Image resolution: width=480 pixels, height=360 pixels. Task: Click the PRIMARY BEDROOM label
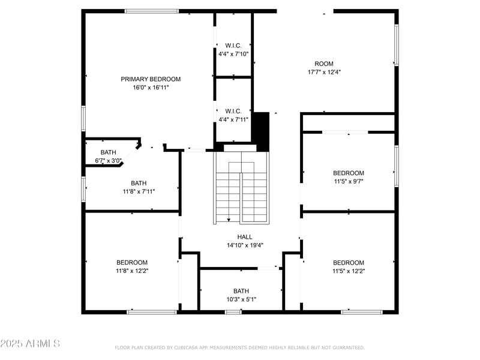[151, 79]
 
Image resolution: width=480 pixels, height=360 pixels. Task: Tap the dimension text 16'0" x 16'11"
[151, 88]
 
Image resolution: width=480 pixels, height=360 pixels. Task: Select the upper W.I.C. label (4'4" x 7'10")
[233, 46]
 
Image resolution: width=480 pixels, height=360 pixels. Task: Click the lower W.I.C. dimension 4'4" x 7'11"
[233, 119]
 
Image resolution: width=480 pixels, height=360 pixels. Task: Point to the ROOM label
[324, 64]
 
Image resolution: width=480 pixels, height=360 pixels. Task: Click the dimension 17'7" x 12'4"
[324, 72]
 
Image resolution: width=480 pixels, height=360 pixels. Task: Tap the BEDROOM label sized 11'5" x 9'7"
[349, 173]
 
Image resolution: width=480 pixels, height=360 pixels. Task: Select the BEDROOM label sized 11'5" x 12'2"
[349, 262]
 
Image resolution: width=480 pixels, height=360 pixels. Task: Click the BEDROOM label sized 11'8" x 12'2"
[132, 262]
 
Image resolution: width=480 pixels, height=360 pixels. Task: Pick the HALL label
[245, 236]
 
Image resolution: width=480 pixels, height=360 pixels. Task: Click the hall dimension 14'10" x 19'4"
[245, 245]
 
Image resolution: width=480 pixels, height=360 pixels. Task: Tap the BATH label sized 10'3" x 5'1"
[241, 290]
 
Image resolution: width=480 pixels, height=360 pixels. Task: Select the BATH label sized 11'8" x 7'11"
[139, 183]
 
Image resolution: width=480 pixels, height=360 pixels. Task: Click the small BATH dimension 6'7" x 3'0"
[109, 161]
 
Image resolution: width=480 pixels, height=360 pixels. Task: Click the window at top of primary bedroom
[151, 11]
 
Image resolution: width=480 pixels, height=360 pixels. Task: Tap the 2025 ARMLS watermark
[30, 344]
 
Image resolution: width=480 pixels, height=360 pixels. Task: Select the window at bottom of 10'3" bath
[233, 311]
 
